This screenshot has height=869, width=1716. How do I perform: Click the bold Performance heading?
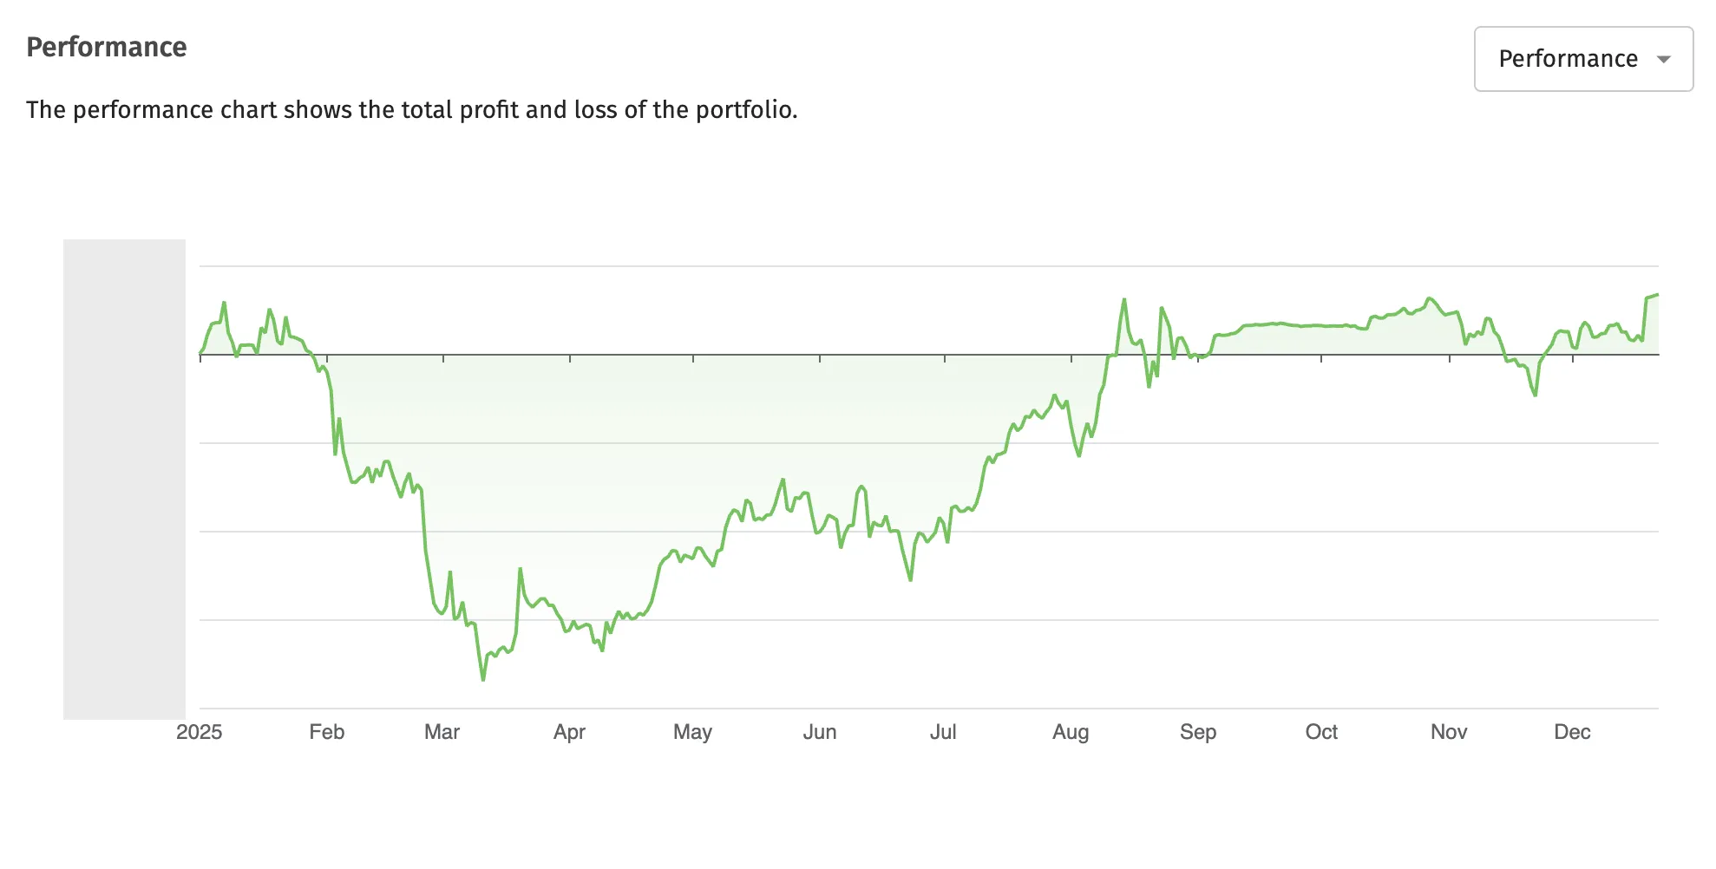coord(106,47)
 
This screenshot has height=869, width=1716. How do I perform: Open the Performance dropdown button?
coord(1582,59)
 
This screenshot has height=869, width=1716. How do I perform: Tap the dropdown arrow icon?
coord(1663,60)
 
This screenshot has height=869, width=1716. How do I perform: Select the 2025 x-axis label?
coord(199,732)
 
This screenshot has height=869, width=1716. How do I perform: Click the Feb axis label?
coord(326,732)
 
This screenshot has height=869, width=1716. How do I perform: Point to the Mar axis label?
coord(442,732)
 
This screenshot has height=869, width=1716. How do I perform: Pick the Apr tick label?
coord(569,732)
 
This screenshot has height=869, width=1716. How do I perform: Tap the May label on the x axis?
coord(692,732)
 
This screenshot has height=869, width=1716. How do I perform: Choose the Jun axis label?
coord(819,732)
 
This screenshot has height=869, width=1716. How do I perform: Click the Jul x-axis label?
coord(943,732)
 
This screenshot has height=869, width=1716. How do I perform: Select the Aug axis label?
coord(1071,732)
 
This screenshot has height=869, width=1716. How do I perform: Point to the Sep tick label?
coord(1197,732)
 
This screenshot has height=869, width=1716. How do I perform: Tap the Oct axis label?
coord(1321,732)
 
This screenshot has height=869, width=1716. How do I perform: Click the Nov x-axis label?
coord(1448,732)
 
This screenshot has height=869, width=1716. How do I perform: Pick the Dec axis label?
coord(1572,732)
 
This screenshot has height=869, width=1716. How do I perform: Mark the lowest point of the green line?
coord(483,680)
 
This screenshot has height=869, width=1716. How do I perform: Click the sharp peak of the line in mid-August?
coord(1123,300)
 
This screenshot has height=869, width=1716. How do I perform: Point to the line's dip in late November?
coord(1535,395)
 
